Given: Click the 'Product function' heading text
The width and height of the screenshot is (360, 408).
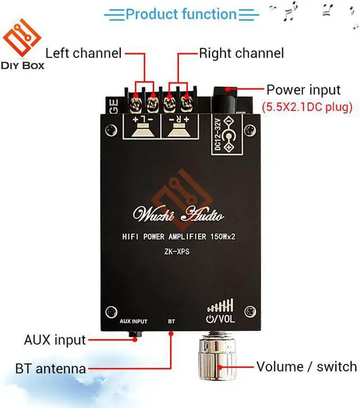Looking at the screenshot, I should [181, 14].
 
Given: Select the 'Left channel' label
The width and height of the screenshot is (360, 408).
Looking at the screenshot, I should [83, 53].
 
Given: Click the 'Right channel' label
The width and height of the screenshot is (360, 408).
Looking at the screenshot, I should [241, 53].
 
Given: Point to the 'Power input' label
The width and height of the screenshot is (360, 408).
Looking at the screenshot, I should [303, 89].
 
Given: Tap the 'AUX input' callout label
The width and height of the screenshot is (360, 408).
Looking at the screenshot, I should [55, 340].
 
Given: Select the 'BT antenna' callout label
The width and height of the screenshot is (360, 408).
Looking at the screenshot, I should [51, 369].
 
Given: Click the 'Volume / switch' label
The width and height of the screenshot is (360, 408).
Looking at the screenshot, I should [307, 367].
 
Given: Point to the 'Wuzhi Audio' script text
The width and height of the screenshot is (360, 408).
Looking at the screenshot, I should [178, 214].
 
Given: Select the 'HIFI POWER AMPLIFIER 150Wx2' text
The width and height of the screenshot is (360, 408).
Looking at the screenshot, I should [178, 235].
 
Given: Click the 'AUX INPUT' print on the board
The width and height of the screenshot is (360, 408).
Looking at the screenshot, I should [133, 321].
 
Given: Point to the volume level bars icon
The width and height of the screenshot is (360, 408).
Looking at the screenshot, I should [220, 308].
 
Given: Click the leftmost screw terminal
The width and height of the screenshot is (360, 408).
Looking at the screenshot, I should [136, 102].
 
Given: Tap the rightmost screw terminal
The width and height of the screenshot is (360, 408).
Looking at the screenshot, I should [185, 102].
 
